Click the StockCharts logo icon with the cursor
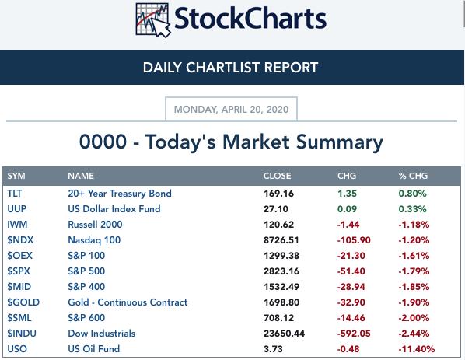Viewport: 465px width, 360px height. (153, 20)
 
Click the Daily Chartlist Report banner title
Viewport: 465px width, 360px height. (230, 68)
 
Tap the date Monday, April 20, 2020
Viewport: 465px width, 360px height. (231, 109)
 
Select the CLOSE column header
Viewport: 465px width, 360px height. (277, 176)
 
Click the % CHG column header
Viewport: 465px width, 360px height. (413, 176)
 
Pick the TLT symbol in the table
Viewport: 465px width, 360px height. (14, 194)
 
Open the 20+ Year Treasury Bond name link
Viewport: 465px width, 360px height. (120, 194)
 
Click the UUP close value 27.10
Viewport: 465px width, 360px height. (276, 208)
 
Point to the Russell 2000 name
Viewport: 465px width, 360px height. (95, 225)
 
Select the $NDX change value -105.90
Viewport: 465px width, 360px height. (354, 240)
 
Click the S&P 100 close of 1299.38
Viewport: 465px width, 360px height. (281, 255)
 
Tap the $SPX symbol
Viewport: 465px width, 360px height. (19, 271)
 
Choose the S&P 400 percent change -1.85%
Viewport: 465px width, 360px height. (414, 286)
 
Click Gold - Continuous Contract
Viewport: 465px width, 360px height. (128, 302)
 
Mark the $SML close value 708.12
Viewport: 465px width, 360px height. (278, 317)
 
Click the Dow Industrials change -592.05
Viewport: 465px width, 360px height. (354, 334)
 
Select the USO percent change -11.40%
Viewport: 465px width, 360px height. (416, 349)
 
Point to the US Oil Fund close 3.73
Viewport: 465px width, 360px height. (273, 349)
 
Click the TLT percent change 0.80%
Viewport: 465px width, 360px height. (412, 194)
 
